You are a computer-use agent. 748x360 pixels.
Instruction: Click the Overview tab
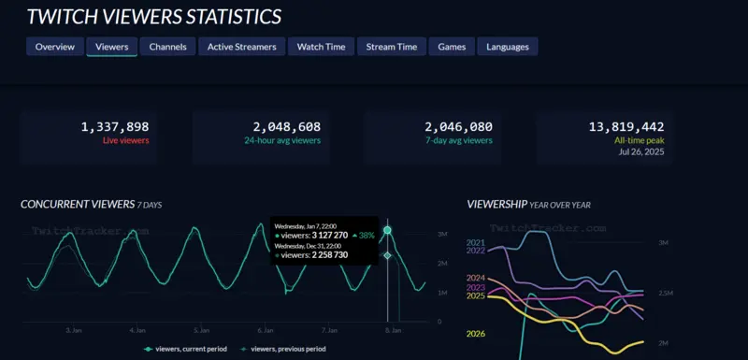(54, 47)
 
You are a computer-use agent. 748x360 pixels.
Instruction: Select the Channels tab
(168, 47)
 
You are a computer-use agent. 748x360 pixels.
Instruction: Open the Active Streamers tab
(240, 47)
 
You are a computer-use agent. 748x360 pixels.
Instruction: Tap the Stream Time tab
(393, 47)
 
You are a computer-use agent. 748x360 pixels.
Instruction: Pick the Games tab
(452, 47)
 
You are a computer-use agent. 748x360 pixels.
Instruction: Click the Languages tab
(508, 47)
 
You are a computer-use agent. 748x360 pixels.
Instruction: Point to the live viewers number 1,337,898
(115, 126)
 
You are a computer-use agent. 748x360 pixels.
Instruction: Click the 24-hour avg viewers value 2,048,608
(286, 126)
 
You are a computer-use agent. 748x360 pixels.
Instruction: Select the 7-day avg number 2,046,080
(458, 126)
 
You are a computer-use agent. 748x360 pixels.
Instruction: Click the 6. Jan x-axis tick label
(266, 330)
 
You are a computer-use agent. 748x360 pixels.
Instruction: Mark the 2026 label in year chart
(476, 334)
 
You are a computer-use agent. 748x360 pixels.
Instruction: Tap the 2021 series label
(476, 241)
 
